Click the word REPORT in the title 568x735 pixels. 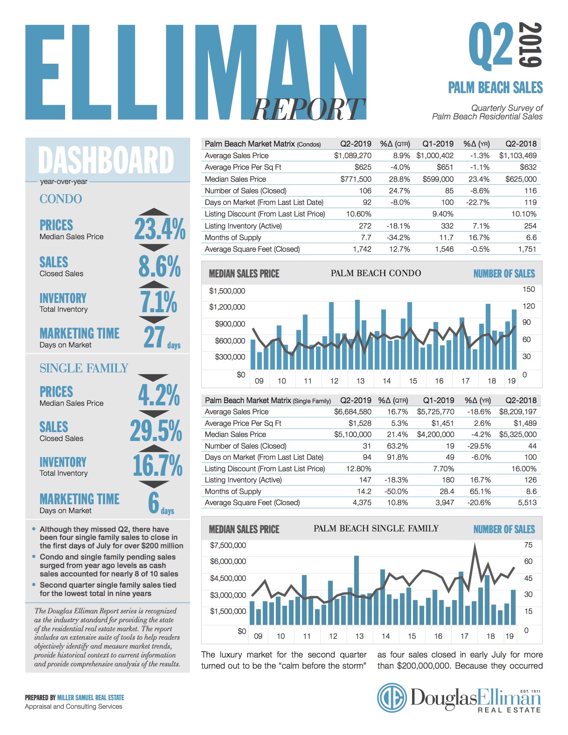(307, 109)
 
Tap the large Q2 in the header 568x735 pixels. (491, 45)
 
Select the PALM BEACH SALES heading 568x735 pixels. (495, 87)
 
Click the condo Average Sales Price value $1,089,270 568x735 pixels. (352, 155)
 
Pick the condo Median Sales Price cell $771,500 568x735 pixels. (356, 179)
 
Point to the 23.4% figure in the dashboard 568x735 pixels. (159, 229)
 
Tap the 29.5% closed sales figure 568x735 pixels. (156, 431)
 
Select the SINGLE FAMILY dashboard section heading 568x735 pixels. (84, 368)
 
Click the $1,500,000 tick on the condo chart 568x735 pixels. (227, 291)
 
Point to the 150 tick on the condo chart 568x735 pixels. (528, 289)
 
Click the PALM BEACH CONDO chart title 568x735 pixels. (376, 273)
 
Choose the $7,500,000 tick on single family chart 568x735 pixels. (228, 545)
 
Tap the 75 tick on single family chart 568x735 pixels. (528, 545)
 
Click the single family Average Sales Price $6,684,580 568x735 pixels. (352, 412)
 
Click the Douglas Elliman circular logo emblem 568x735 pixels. (392, 698)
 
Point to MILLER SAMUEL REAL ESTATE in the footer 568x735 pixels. (90, 698)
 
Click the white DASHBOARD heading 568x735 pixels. (106, 160)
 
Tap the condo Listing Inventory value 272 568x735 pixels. (365, 226)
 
